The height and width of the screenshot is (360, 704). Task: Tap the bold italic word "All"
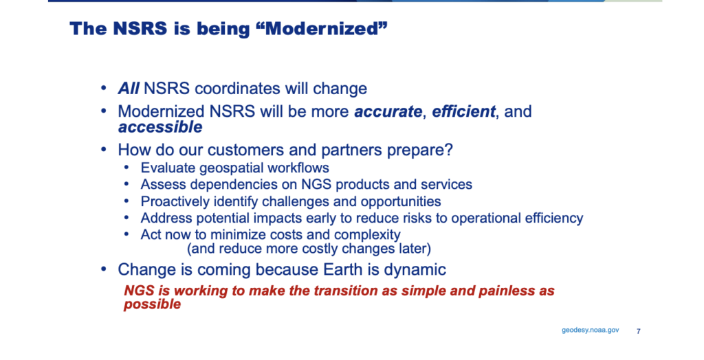coord(129,89)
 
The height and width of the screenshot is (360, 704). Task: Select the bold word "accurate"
coord(388,111)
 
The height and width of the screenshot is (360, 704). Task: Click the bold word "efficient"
coord(464,111)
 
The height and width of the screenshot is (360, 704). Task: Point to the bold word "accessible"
coord(160,127)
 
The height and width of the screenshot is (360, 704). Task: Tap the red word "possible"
coord(152,304)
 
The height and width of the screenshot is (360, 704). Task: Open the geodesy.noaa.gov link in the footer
coord(591,330)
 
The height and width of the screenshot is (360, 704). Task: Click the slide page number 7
coord(639,331)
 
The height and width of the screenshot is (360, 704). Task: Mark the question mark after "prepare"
coord(448,149)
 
